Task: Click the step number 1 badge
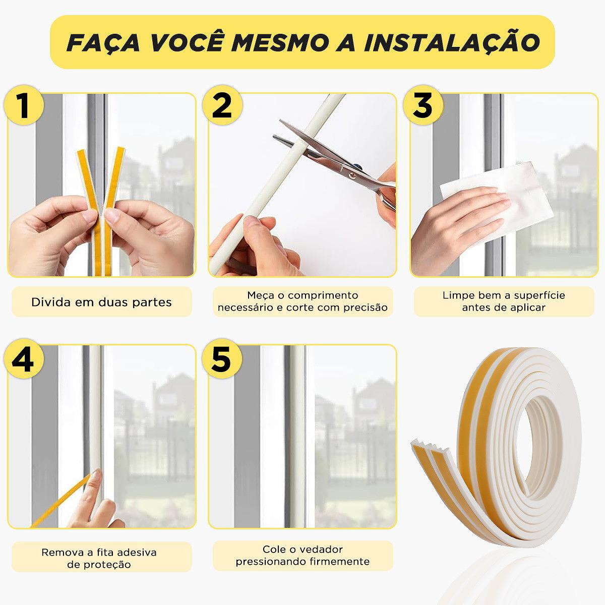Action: (24, 105)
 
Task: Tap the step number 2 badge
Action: (222, 105)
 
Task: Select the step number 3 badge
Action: (423, 105)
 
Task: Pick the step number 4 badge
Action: (24, 358)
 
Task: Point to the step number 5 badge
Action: (222, 358)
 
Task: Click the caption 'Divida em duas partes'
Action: (101, 302)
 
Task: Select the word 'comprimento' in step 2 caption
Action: (323, 295)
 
